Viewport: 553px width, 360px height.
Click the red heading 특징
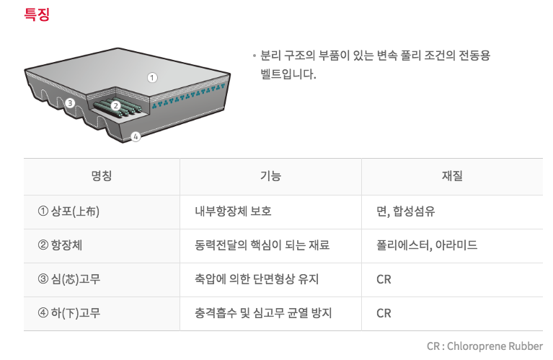[x=37, y=14]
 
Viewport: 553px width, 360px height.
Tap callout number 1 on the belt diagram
[x=152, y=78]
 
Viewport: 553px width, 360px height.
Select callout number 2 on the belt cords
[x=115, y=105]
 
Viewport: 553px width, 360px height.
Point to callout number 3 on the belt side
[x=70, y=103]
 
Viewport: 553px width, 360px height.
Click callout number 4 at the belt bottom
[x=136, y=136]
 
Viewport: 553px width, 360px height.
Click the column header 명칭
[x=102, y=176]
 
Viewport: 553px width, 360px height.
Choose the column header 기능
[x=270, y=176]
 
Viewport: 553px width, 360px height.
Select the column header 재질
[x=452, y=176]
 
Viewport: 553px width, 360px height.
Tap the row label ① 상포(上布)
[x=68, y=211]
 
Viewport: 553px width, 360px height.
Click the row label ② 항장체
[x=60, y=245]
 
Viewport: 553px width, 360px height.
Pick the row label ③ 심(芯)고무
[x=69, y=279]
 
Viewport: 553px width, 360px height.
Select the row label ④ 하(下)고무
[x=69, y=313]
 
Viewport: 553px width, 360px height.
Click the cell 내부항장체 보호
[x=233, y=211]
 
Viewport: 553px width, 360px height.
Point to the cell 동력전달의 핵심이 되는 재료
[x=262, y=245]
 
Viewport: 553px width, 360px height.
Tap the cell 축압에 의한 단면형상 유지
[x=257, y=279]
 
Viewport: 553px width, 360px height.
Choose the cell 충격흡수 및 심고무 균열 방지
[x=263, y=313]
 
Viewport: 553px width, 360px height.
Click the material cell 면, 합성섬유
[x=406, y=211]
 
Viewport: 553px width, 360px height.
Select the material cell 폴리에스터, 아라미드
[x=427, y=245]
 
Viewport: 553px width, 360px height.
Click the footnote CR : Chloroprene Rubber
[x=485, y=346]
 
